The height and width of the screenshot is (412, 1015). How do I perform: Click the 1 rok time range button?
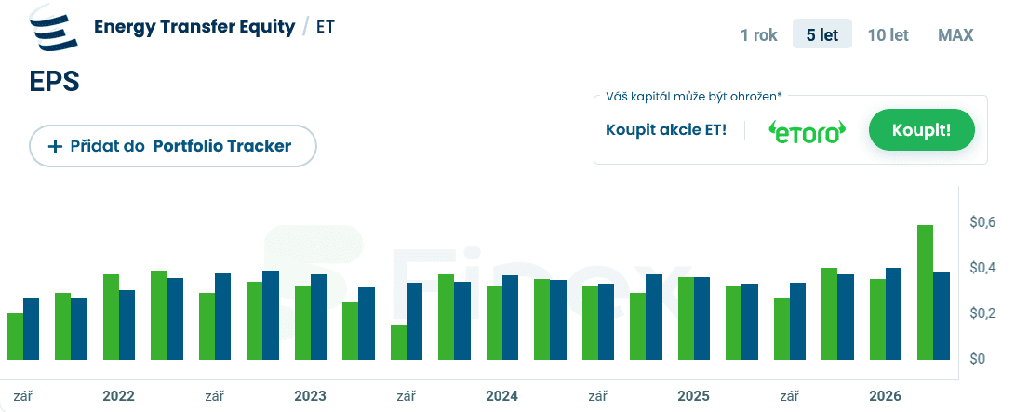pyautogui.click(x=758, y=34)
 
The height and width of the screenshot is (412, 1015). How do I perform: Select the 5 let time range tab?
pyautogui.click(x=822, y=34)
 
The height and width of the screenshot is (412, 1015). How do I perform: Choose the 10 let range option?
pyautogui.click(x=888, y=34)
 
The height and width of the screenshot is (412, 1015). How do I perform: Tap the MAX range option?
pyautogui.click(x=955, y=34)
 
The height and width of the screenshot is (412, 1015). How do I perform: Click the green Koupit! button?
pyautogui.click(x=921, y=130)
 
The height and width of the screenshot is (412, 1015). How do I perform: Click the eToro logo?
pyautogui.click(x=807, y=131)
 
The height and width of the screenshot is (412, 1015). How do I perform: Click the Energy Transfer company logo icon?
pyautogui.click(x=52, y=27)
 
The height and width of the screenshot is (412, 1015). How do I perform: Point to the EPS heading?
pyautogui.click(x=54, y=82)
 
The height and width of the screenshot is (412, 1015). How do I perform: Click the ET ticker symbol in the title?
pyautogui.click(x=326, y=27)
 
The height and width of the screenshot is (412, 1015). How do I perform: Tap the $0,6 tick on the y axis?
pyautogui.click(x=982, y=222)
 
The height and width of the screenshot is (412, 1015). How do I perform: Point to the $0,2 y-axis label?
pyautogui.click(x=982, y=313)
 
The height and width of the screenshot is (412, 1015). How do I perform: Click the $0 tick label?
pyautogui.click(x=977, y=359)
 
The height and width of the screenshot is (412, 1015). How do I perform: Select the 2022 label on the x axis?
pyautogui.click(x=118, y=396)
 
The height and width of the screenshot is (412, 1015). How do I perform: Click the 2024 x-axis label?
pyautogui.click(x=501, y=396)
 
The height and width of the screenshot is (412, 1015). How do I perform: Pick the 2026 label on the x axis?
pyautogui.click(x=885, y=396)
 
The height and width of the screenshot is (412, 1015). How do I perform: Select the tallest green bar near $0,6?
pyautogui.click(x=926, y=292)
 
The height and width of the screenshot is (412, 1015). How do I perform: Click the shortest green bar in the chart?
pyautogui.click(x=399, y=342)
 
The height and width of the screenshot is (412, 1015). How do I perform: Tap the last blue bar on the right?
pyautogui.click(x=942, y=316)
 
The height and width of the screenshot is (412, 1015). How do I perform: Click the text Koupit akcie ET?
pyautogui.click(x=666, y=130)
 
